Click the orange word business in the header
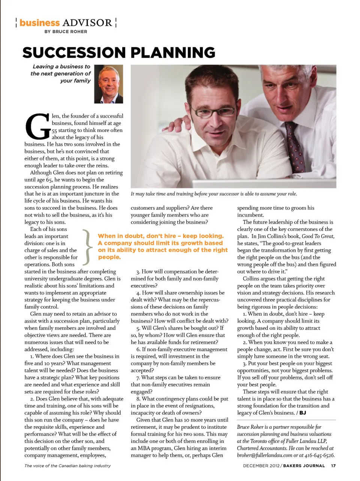point(39,23)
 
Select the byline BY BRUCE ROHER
point(66,32)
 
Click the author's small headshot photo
point(109,84)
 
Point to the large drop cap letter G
point(37,126)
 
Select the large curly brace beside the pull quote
point(88,246)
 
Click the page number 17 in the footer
point(333,466)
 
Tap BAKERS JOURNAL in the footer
point(304,466)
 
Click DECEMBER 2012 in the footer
point(260,466)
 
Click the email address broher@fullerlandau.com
point(264,455)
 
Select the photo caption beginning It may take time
point(214,194)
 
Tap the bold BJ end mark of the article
point(303,413)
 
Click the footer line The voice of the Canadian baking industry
point(67,466)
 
